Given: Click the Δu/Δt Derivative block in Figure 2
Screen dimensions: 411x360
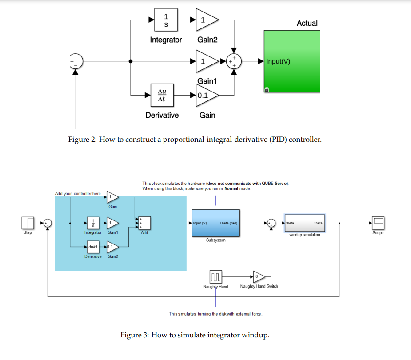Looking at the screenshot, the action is click(x=162, y=95).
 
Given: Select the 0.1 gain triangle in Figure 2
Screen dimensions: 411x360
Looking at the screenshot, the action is click(x=207, y=95).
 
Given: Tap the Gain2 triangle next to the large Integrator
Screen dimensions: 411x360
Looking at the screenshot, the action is click(x=207, y=20).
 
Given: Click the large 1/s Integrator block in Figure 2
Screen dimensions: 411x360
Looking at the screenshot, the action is click(x=166, y=20).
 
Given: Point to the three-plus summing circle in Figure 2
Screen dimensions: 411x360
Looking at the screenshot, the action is click(x=234, y=61).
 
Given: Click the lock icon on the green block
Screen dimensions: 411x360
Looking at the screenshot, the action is click(x=267, y=90).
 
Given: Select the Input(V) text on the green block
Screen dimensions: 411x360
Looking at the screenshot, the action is click(x=278, y=61).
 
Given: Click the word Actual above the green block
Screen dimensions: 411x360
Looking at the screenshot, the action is click(x=307, y=23).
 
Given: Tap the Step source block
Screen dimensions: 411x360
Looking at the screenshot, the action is click(x=28, y=223).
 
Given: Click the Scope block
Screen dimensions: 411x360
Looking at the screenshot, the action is click(x=378, y=223).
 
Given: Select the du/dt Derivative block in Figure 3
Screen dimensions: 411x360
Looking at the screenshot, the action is click(x=93, y=247).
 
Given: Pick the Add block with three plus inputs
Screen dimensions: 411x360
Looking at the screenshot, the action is click(x=144, y=223).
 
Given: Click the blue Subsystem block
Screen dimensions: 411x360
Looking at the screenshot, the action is click(x=216, y=223).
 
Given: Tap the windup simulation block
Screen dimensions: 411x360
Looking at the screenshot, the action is click(x=304, y=223).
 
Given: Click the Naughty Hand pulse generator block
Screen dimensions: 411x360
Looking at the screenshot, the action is click(x=216, y=276).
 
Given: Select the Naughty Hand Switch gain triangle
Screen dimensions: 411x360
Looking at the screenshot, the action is click(x=259, y=276).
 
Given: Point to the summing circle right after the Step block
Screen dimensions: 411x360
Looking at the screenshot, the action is click(x=48, y=223).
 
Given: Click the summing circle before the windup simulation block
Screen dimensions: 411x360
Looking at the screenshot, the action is click(x=271, y=223).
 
